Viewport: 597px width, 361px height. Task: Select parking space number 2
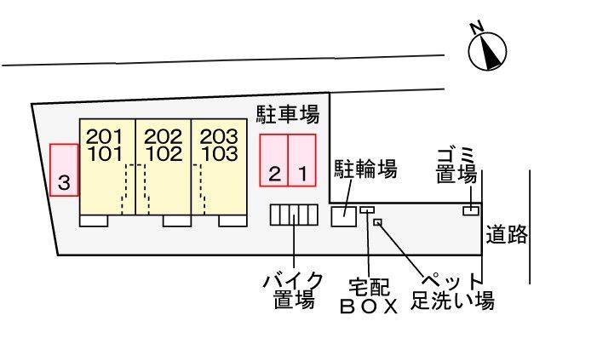pyautogui.click(x=274, y=160)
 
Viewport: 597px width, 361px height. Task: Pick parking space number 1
pyautogui.click(x=302, y=160)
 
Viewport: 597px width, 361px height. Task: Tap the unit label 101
pyautogui.click(x=104, y=154)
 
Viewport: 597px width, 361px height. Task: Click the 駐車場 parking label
pyautogui.click(x=288, y=114)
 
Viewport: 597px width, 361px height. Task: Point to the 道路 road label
pyautogui.click(x=508, y=234)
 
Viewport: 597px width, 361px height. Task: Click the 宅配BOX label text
pyautogui.click(x=369, y=295)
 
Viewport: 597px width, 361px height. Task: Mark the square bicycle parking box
pyautogui.click(x=344, y=216)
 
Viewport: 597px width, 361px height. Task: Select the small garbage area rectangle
pyautogui.click(x=469, y=210)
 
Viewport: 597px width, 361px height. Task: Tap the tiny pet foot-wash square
pyautogui.click(x=378, y=223)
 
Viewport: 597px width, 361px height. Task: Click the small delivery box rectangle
pyautogui.click(x=367, y=210)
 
